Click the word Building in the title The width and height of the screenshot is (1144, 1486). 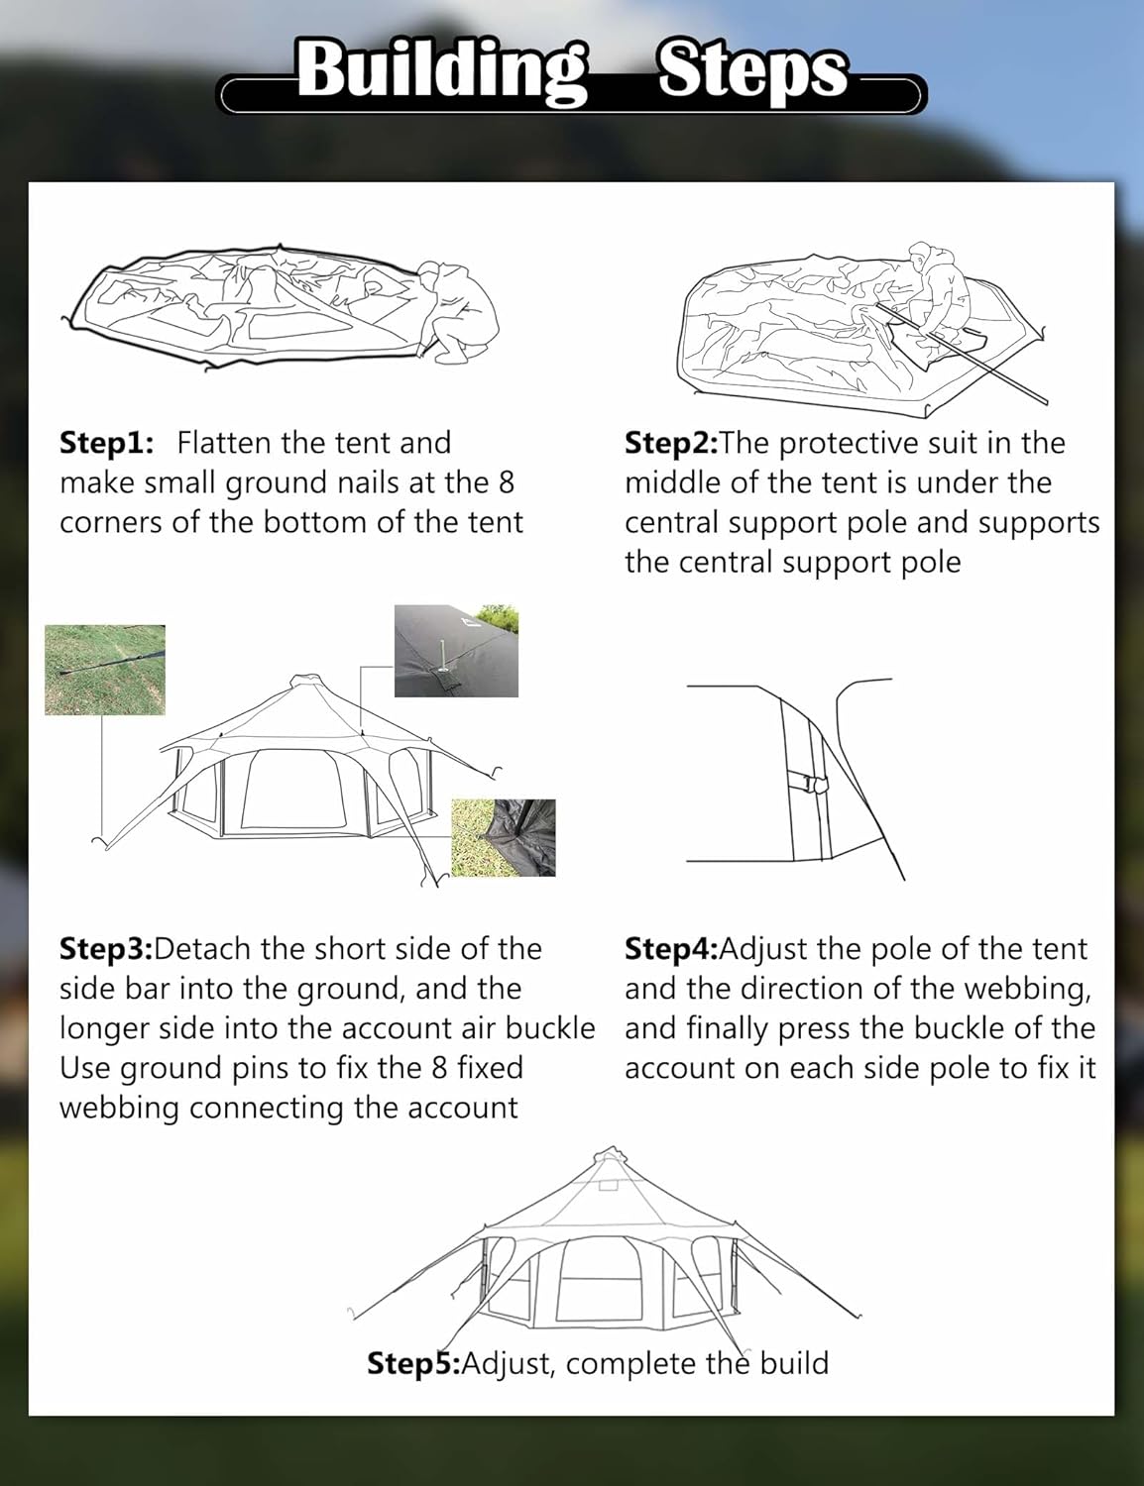click(442, 71)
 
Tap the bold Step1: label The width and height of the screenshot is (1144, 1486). click(106, 443)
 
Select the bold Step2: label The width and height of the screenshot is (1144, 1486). click(671, 443)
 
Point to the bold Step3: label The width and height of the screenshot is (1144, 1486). click(106, 949)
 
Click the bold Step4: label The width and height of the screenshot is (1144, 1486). click(671, 949)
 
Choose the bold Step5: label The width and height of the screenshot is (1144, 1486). click(413, 1363)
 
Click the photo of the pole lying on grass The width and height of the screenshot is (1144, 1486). click(105, 670)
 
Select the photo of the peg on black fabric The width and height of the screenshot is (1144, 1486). click(456, 649)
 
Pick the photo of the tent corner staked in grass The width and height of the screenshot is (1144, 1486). click(504, 838)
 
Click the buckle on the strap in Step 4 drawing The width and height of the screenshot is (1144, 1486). click(817, 785)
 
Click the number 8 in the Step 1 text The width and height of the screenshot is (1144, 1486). click(506, 482)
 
